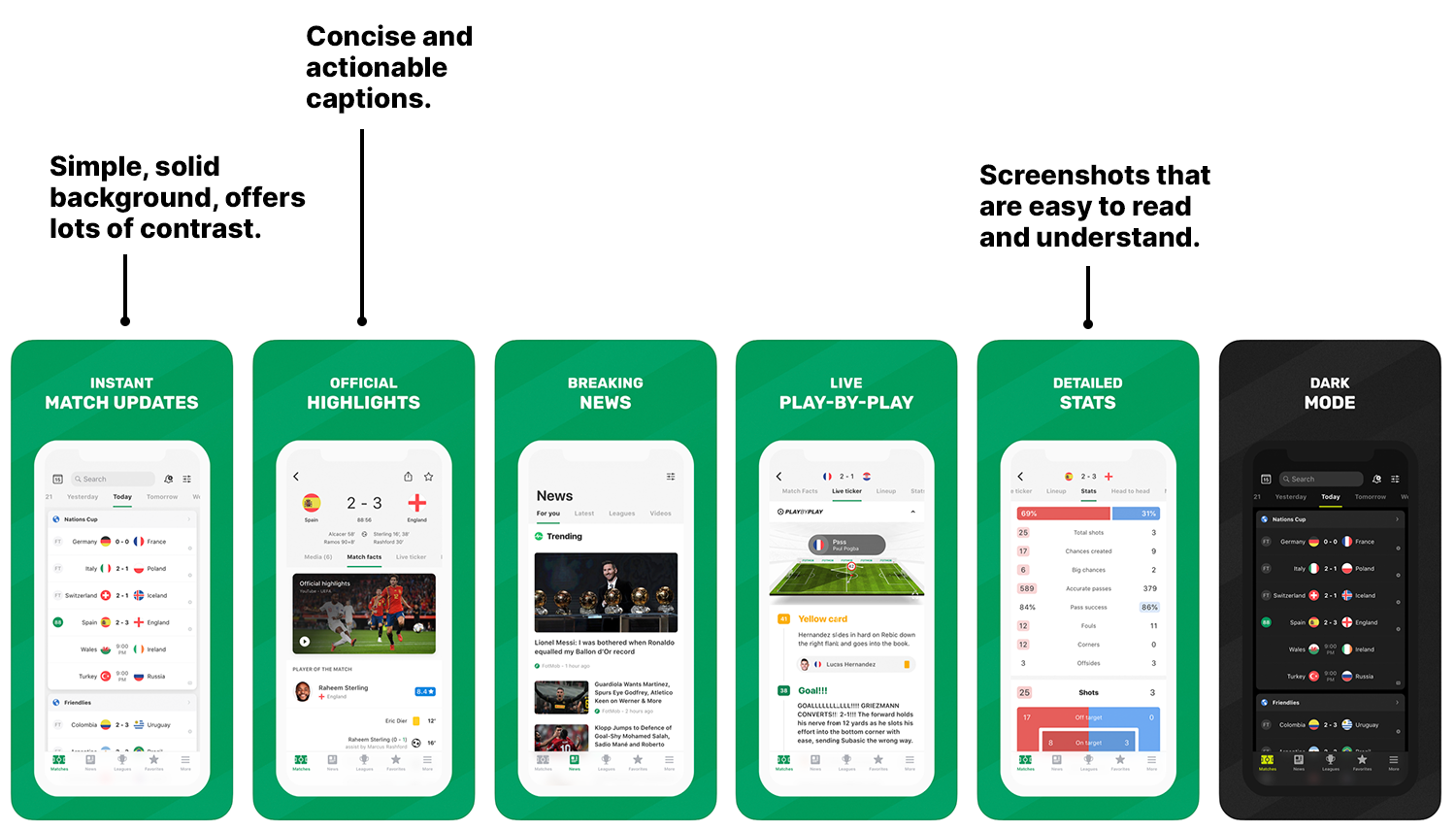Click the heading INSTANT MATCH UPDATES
121,393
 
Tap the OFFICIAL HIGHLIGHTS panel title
363,393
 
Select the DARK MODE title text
1330,393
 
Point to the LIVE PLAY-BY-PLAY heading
845,393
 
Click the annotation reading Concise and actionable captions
388,68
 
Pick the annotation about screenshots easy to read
1094,206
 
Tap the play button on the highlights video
305,641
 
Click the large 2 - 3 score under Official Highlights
364,503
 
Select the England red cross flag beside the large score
416,503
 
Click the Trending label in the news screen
564,536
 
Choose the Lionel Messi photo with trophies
606,592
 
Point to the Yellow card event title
822,618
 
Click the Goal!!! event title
812,690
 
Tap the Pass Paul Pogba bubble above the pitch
846,545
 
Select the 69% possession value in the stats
1029,514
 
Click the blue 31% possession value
1148,514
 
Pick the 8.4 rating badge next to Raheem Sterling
425,691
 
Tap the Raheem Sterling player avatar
303,691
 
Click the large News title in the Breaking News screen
554,496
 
